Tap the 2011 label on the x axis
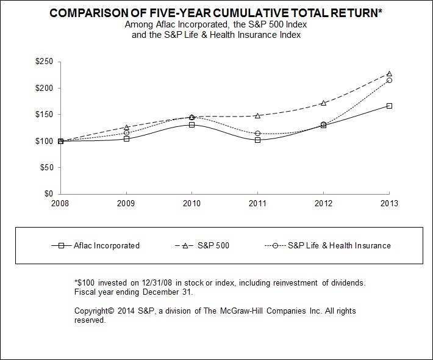click(257, 203)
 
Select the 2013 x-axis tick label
click(389, 203)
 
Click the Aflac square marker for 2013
click(389, 106)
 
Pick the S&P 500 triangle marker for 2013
click(389, 73)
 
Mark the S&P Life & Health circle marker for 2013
click(389, 80)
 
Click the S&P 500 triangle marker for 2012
click(323, 103)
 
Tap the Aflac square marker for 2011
click(257, 140)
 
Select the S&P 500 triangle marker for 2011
click(257, 115)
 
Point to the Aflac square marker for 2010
click(191, 124)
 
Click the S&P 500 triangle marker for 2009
click(126, 127)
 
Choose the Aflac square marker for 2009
click(126, 139)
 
